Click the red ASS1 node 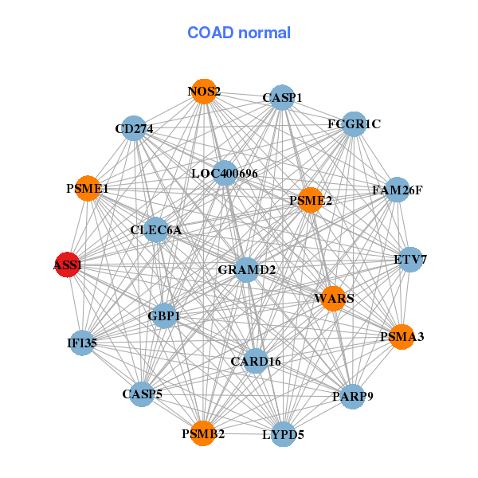pyautogui.click(x=68, y=264)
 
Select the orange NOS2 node pyautogui.click(x=204, y=91)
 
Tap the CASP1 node pyautogui.click(x=282, y=97)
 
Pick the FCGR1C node pyautogui.click(x=354, y=124)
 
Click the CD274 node pyautogui.click(x=134, y=128)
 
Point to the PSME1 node pyautogui.click(x=88, y=188)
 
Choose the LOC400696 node pyautogui.click(x=225, y=173)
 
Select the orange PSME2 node pyautogui.click(x=311, y=200)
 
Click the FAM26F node pyautogui.click(x=397, y=190)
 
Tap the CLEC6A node pyautogui.click(x=156, y=230)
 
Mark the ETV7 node pyautogui.click(x=410, y=260)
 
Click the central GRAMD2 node pyautogui.click(x=246, y=270)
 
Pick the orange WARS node pyautogui.click(x=334, y=299)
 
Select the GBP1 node pyautogui.click(x=164, y=315)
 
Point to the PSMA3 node pyautogui.click(x=402, y=337)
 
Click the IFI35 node pyautogui.click(x=82, y=343)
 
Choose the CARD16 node pyautogui.click(x=256, y=361)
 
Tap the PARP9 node pyautogui.click(x=353, y=396)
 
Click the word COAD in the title pyautogui.click(x=210, y=33)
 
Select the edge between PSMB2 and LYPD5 pyautogui.click(x=243, y=434)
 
